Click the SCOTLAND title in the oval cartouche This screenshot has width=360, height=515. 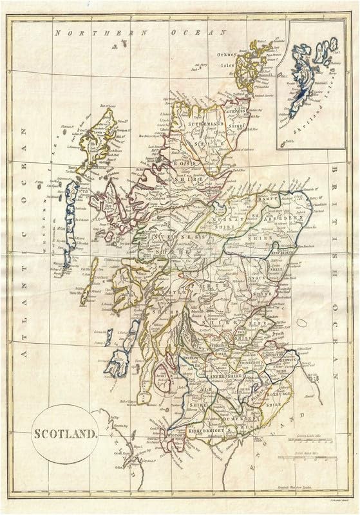tap(62, 435)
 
